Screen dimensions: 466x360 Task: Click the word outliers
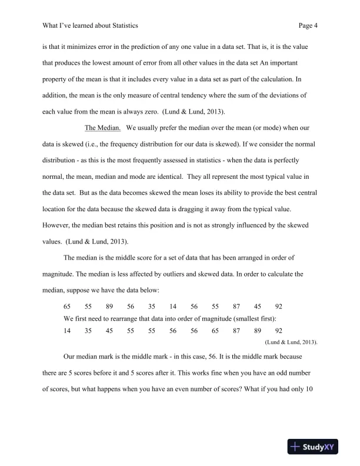tap(172, 274)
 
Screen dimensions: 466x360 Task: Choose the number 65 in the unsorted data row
tap(68, 307)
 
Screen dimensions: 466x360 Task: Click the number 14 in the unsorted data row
tap(173, 307)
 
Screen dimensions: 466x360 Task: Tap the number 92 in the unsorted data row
tap(279, 307)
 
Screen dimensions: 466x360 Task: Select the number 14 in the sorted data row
tap(68, 331)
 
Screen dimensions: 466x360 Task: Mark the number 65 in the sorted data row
tap(215, 331)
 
